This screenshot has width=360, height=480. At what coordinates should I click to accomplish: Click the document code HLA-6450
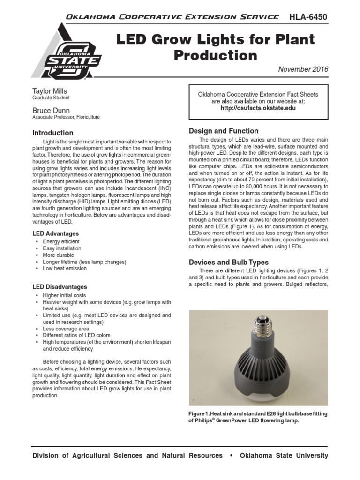308,17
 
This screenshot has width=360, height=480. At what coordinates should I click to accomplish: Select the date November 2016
303,69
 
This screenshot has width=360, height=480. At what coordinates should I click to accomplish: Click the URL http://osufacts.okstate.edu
258,108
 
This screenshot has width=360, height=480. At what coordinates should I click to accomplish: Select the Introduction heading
52,133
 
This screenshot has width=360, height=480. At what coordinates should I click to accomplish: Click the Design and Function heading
223,131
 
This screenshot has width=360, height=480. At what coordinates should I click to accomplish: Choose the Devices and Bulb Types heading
228,262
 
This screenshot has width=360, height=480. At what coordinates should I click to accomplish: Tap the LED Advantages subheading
55,233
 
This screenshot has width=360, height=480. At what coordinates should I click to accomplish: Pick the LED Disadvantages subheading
59,287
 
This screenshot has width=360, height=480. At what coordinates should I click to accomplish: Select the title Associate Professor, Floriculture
66,117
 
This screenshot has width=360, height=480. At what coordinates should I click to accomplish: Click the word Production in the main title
215,55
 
